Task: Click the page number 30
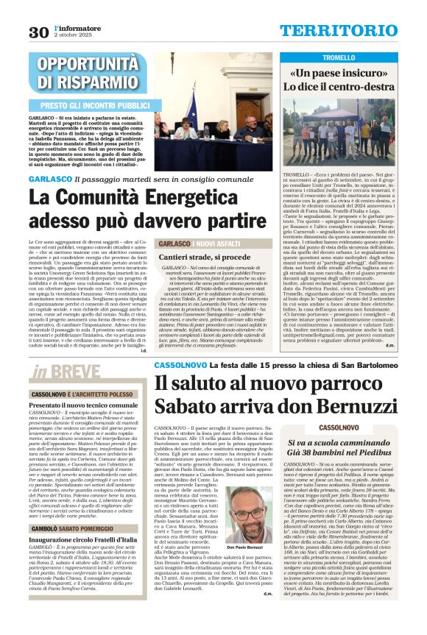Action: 38,32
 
